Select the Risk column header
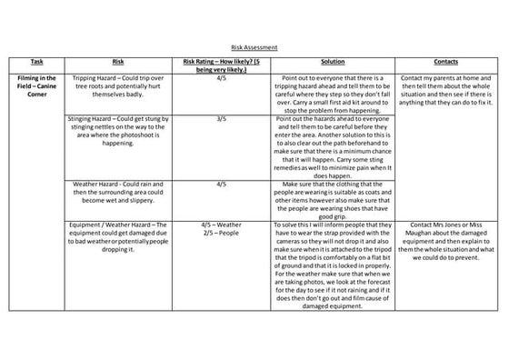pyautogui.click(x=117, y=61)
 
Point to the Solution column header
pyautogui.click(x=332, y=61)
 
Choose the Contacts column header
pyautogui.click(x=445, y=61)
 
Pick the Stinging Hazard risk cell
pyautogui.click(x=117, y=133)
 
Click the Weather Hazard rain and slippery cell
pyautogui.click(x=117, y=195)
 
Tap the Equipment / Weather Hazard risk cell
pyautogui.click(x=117, y=235)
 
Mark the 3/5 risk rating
pyautogui.click(x=221, y=119)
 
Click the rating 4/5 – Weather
pyautogui.click(x=221, y=224)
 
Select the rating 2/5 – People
pyautogui.click(x=221, y=232)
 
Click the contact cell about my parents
pyautogui.click(x=445, y=92)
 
